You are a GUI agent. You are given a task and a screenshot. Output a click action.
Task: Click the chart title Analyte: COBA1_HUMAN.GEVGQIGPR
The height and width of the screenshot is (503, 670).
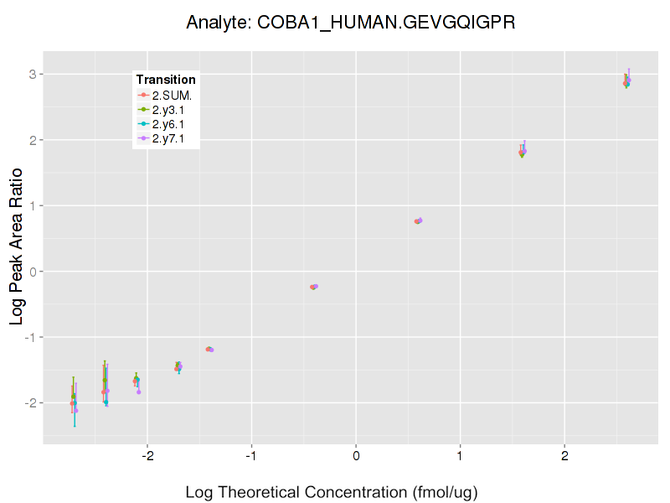pyautogui.click(x=350, y=23)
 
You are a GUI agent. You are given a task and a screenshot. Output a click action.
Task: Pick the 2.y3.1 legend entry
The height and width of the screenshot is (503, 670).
pyautogui.click(x=166, y=110)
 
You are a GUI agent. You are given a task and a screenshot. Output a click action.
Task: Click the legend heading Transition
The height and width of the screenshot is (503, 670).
pyautogui.click(x=166, y=80)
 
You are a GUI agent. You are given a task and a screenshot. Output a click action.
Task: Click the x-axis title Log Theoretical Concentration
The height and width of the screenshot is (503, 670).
pyautogui.click(x=331, y=492)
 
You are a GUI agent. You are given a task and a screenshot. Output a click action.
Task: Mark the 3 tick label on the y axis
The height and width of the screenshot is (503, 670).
pyautogui.click(x=32, y=75)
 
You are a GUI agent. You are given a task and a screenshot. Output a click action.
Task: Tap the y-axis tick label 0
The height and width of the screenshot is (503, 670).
pyautogui.click(x=32, y=272)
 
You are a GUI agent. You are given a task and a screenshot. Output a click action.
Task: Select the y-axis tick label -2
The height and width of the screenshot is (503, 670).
pyautogui.click(x=29, y=402)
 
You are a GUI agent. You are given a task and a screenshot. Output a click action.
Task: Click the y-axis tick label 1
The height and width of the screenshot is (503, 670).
pyautogui.click(x=32, y=205)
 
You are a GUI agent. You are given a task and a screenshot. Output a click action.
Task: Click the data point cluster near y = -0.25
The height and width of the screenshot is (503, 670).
pyautogui.click(x=314, y=287)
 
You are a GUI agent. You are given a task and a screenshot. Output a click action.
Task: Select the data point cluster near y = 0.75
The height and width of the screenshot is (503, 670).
pyautogui.click(x=418, y=221)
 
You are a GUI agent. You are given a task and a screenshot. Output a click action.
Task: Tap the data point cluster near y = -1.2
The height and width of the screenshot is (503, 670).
pyautogui.click(x=209, y=349)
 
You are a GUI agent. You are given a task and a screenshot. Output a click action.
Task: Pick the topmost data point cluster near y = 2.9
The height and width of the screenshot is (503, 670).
pyautogui.click(x=626, y=81)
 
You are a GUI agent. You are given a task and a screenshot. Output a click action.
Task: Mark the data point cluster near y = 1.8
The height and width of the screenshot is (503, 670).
pyautogui.click(x=523, y=153)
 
